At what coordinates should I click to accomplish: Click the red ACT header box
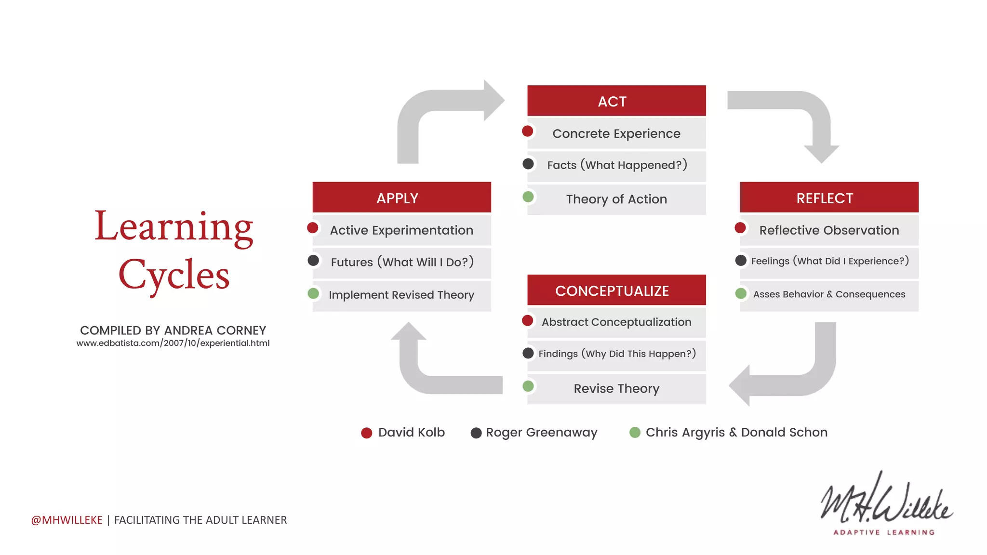[616, 101]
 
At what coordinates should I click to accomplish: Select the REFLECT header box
[829, 198]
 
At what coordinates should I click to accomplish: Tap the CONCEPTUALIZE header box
[616, 291]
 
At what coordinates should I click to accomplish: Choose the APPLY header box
[401, 198]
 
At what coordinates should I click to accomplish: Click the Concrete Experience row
[616, 133]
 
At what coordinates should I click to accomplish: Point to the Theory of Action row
[616, 199]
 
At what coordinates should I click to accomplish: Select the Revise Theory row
[616, 388]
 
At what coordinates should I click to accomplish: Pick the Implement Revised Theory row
[401, 295]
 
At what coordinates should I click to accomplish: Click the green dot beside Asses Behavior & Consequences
[741, 293]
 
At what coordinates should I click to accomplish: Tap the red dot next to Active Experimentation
[313, 228]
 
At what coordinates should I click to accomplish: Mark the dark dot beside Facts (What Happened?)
[528, 164]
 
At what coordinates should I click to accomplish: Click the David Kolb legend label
[411, 432]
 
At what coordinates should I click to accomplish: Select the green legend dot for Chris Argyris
[635, 432]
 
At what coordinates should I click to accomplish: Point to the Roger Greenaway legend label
[541, 432]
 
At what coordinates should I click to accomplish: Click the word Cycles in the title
[174, 275]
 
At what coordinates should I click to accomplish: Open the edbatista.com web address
[173, 343]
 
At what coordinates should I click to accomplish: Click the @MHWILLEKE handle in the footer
[67, 520]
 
